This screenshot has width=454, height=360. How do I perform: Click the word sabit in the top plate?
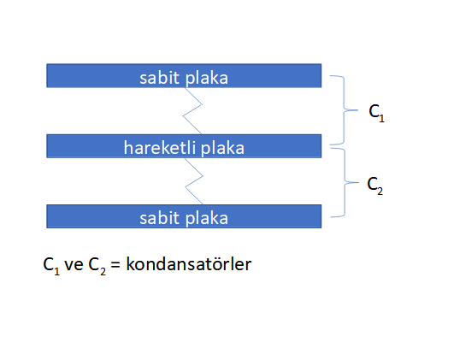pyautogui.click(x=159, y=78)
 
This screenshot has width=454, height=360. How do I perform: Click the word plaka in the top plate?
pyautogui.click(x=206, y=79)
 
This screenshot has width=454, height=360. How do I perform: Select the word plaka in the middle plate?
pyautogui.click(x=222, y=149)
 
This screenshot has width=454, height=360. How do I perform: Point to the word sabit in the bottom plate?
pyautogui.click(x=159, y=218)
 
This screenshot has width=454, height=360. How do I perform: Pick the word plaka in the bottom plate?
pyautogui.click(x=206, y=219)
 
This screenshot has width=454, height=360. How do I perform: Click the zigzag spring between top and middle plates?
pyautogui.click(x=192, y=110)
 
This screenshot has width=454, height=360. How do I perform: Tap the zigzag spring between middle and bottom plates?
pyautogui.click(x=194, y=181)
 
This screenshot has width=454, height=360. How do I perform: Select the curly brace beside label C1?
pyautogui.click(x=344, y=110)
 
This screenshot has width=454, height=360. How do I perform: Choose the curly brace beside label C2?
pyautogui.click(x=345, y=182)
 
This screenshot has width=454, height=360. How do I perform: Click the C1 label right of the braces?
pyautogui.click(x=376, y=113)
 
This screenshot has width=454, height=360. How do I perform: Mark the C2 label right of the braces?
pyautogui.click(x=375, y=186)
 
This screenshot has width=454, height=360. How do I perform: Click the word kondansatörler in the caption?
pyautogui.click(x=189, y=264)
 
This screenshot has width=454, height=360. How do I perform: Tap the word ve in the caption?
pyautogui.click(x=74, y=265)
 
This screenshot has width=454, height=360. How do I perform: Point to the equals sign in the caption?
pyautogui.click(x=115, y=264)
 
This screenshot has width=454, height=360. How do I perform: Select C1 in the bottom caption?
pyautogui.click(x=51, y=266)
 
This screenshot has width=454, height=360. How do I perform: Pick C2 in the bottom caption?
pyautogui.click(x=97, y=266)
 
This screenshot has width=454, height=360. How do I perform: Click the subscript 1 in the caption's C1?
pyautogui.click(x=57, y=271)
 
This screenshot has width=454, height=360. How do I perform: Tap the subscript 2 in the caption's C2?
pyautogui.click(x=103, y=271)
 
